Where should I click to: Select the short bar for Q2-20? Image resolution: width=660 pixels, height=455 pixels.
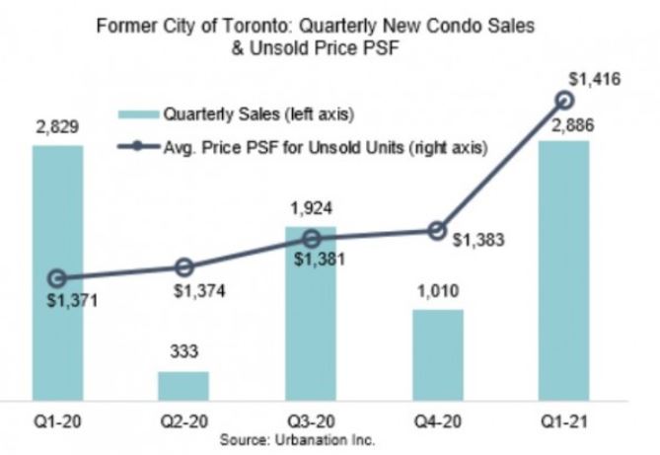(x=183, y=386)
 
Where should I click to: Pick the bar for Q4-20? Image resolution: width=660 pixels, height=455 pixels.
(x=437, y=354)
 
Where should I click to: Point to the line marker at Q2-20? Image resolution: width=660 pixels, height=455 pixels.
(x=183, y=267)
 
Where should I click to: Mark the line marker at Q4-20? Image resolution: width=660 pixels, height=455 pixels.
(x=437, y=230)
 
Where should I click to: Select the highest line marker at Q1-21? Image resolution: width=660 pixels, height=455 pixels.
(x=564, y=99)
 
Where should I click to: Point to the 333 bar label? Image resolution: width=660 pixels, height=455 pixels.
(x=183, y=354)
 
